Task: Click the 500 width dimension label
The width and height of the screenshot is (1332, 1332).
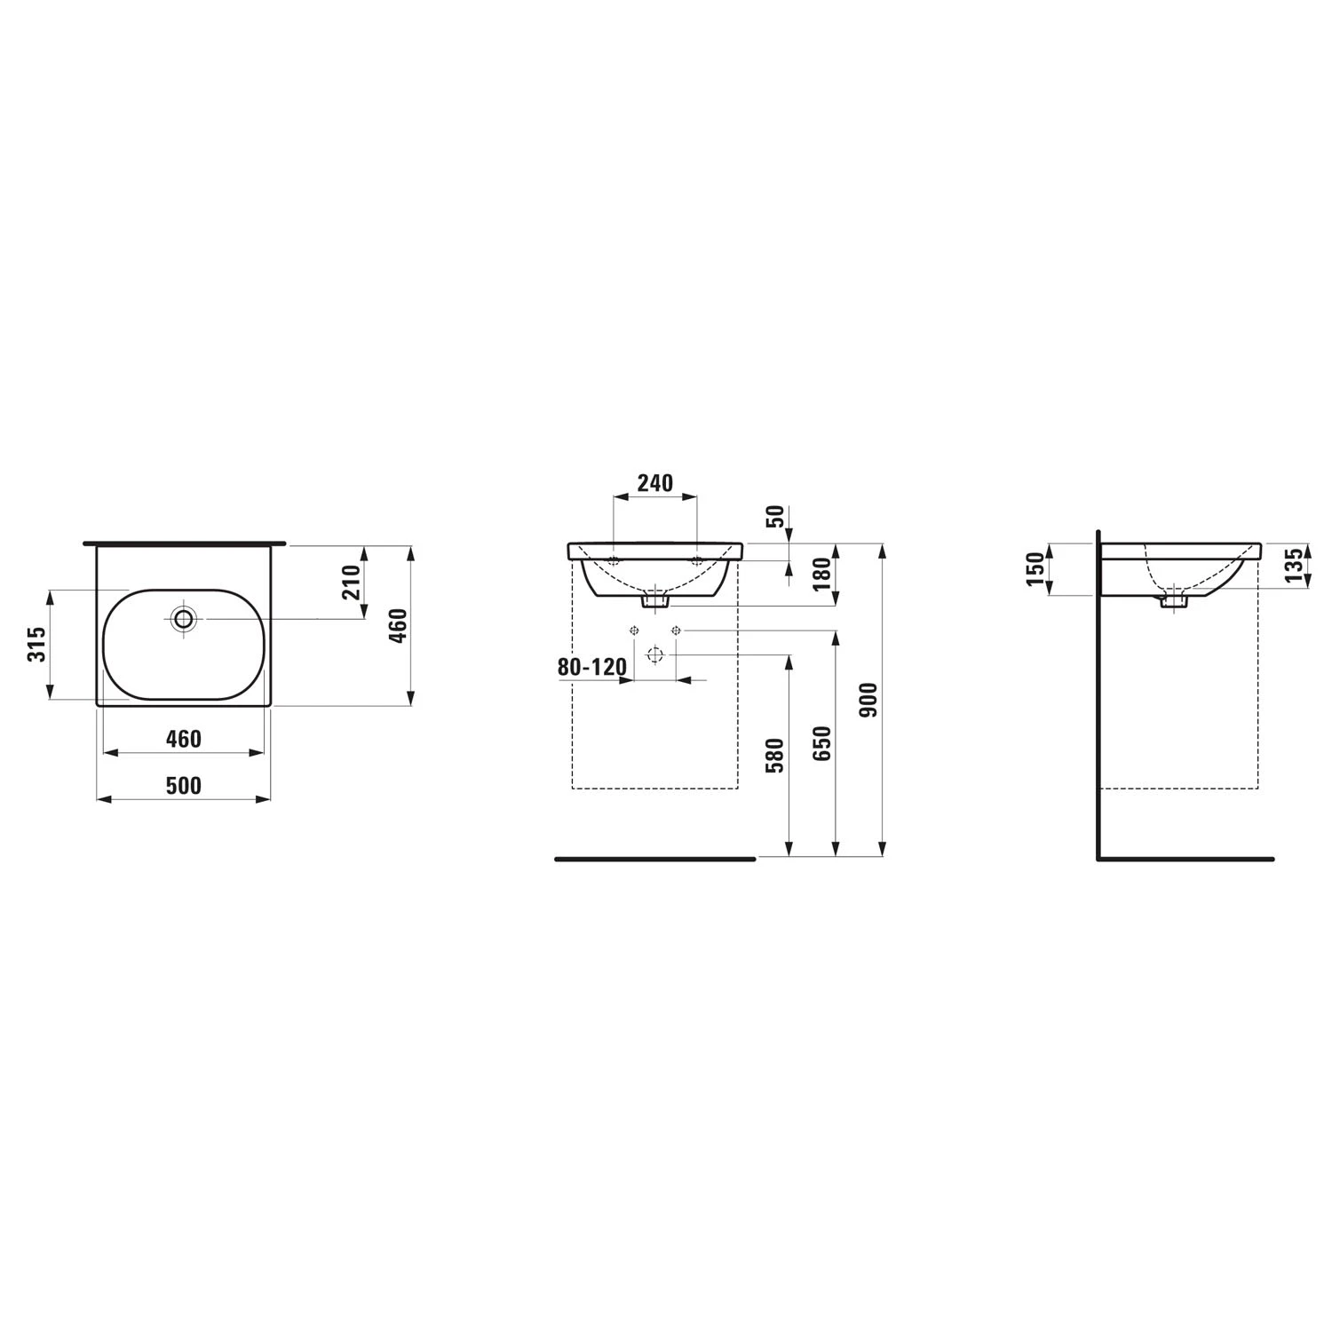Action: [184, 785]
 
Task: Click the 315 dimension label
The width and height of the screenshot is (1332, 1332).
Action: [36, 644]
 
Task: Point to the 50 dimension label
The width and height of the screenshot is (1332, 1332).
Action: [775, 516]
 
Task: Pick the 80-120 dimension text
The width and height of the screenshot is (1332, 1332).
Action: [592, 666]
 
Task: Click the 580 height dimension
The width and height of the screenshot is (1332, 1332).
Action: [775, 755]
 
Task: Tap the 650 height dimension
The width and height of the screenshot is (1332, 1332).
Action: [822, 743]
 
